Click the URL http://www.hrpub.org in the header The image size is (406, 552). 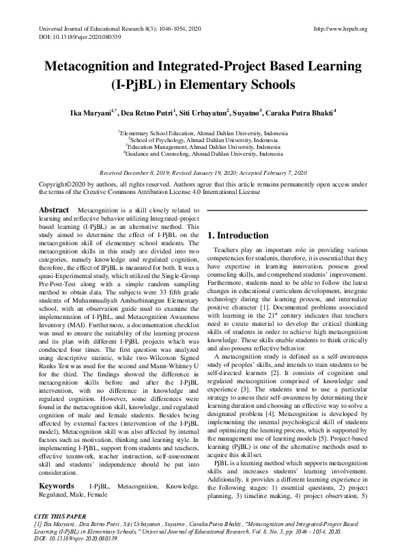tap(339, 29)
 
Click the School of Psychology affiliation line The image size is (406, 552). tap(203, 139)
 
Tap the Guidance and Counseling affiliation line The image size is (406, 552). tap(203, 154)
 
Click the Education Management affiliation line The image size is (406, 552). tap(203, 147)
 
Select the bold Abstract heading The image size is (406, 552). tap(54, 210)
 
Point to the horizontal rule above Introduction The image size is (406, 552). tap(287, 210)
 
